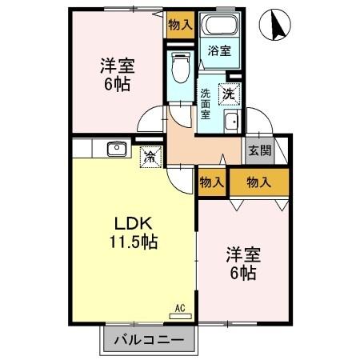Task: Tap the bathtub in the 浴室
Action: [218, 26]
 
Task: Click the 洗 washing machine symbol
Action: [230, 92]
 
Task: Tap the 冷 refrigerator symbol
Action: [149, 157]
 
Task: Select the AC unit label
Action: [180, 306]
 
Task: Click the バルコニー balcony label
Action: [148, 339]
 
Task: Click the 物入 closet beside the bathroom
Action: [180, 24]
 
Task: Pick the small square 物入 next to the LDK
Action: [211, 182]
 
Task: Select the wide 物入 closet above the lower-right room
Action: [259, 182]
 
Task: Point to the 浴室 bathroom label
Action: [219, 50]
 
